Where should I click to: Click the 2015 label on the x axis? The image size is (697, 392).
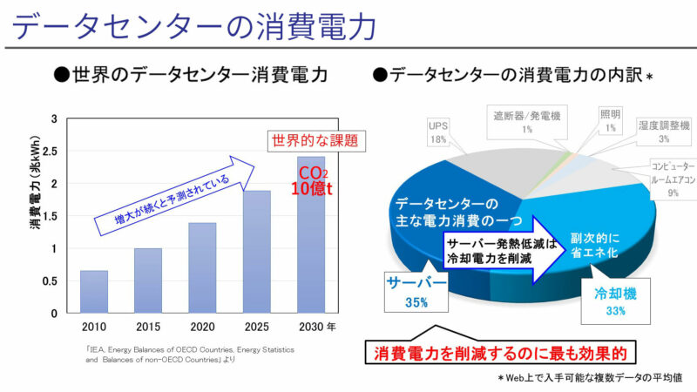point(147,326)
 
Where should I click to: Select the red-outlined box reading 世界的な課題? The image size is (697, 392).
point(315,139)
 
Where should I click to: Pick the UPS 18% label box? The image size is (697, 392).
point(437,132)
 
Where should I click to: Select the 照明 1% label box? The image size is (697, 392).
point(611,121)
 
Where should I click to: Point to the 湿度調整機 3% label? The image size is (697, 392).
point(664,132)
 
